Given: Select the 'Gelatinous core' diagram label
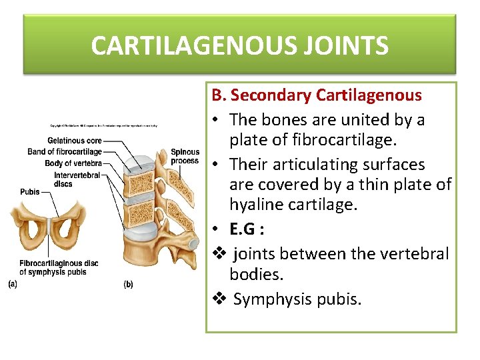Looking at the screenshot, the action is point(75,141).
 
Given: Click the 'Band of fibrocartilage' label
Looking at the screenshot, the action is point(65,152).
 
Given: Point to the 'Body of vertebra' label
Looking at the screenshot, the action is point(73,163).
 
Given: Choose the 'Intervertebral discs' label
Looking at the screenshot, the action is point(77,179).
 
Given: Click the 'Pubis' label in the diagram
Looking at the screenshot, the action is point(30,191).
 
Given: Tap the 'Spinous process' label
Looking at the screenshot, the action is point(185,156).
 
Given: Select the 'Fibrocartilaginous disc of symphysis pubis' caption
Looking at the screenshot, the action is point(59,267).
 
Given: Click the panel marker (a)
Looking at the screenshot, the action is point(13,284).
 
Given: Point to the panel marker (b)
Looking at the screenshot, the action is point(129,285).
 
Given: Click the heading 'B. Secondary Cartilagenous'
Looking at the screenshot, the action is point(317,95).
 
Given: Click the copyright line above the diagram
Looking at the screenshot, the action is point(103,125).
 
